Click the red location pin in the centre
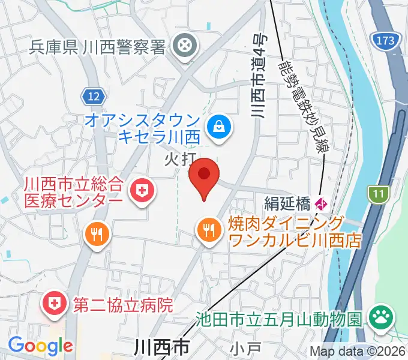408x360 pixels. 204,175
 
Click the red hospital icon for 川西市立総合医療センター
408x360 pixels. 142,191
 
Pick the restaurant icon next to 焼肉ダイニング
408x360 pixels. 208,229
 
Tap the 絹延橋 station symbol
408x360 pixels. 322,203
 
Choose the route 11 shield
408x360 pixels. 377,194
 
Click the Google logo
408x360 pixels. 40,346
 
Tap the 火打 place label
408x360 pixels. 178,158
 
